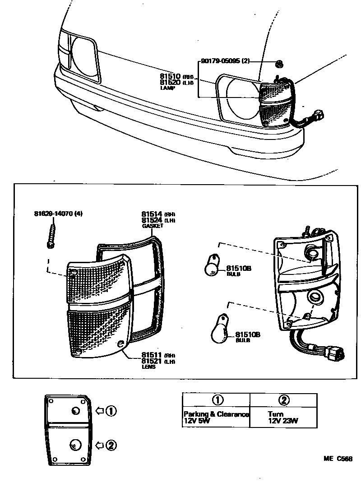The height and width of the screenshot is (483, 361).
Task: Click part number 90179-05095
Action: point(221,61)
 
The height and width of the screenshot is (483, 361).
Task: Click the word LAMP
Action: point(167,88)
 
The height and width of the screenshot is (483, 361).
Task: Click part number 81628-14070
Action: point(54,213)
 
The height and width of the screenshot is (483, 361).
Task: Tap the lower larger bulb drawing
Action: point(221,331)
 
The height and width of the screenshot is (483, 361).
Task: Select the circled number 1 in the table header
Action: point(217,400)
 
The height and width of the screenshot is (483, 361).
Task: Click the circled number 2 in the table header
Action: point(284,400)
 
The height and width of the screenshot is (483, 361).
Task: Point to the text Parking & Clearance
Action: point(216,414)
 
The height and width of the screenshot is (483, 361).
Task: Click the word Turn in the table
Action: point(275,414)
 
